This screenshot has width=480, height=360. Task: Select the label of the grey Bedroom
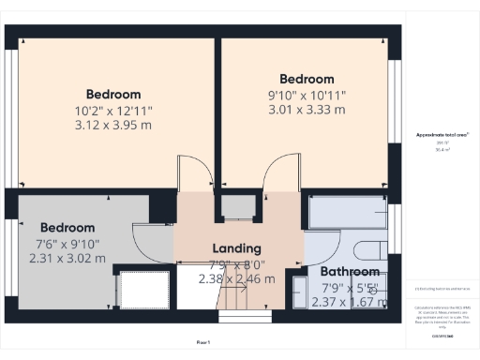click(x=67, y=228)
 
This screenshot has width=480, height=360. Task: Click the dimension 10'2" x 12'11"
click(x=113, y=111)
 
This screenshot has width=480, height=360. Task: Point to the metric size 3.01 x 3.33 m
click(x=307, y=110)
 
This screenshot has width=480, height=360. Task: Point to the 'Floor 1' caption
click(x=203, y=342)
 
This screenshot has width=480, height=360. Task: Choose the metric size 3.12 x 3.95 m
click(x=113, y=127)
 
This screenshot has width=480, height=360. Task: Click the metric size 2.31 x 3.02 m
click(x=66, y=259)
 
